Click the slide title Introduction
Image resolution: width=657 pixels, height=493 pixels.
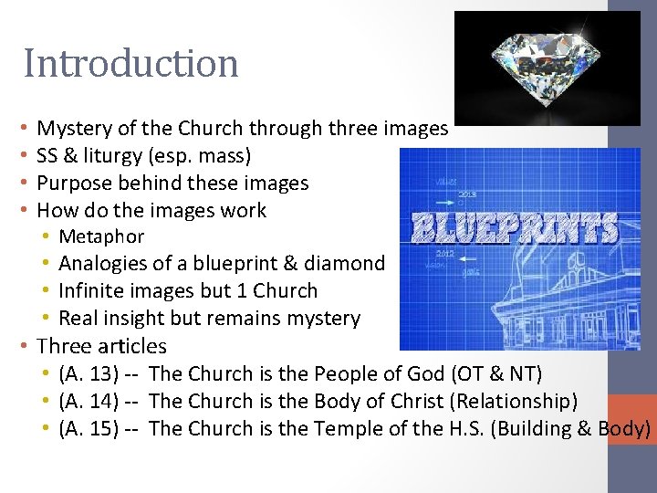pos(131,64)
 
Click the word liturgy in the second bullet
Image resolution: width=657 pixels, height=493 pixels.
pos(118,156)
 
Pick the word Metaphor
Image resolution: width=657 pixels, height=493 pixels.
pos(101,237)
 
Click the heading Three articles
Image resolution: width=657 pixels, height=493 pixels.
pos(101,346)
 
